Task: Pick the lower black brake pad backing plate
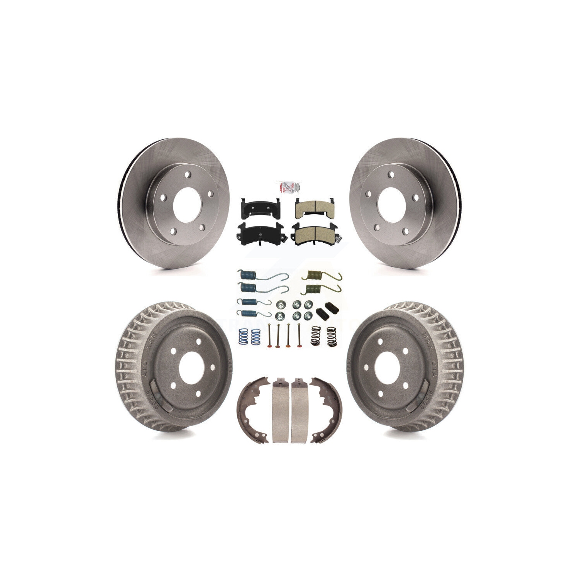255,232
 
